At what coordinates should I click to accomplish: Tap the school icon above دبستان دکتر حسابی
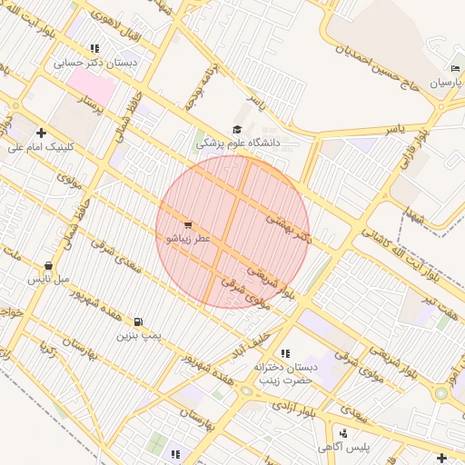pyautogui.click(x=94, y=48)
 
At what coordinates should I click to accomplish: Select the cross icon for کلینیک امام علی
pyautogui.click(x=41, y=133)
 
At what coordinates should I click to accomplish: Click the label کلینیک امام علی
pyautogui.click(x=42, y=146)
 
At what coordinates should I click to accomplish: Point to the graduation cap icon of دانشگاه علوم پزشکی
pyautogui.click(x=238, y=130)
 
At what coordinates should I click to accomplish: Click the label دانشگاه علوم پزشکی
pyautogui.click(x=238, y=143)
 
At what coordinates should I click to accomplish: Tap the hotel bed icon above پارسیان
pyautogui.click(x=455, y=69)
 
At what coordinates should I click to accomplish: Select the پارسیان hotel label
pyautogui.click(x=446, y=83)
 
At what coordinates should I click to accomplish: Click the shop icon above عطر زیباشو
pyautogui.click(x=188, y=224)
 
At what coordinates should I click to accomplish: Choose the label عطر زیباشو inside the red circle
pyautogui.click(x=187, y=238)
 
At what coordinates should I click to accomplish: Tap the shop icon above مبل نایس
pyautogui.click(x=48, y=267)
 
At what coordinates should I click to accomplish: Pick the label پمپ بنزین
pyautogui.click(x=138, y=335)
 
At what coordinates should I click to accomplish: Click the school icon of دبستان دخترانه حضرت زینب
pyautogui.click(x=285, y=353)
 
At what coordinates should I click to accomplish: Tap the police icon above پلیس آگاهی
pyautogui.click(x=343, y=434)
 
